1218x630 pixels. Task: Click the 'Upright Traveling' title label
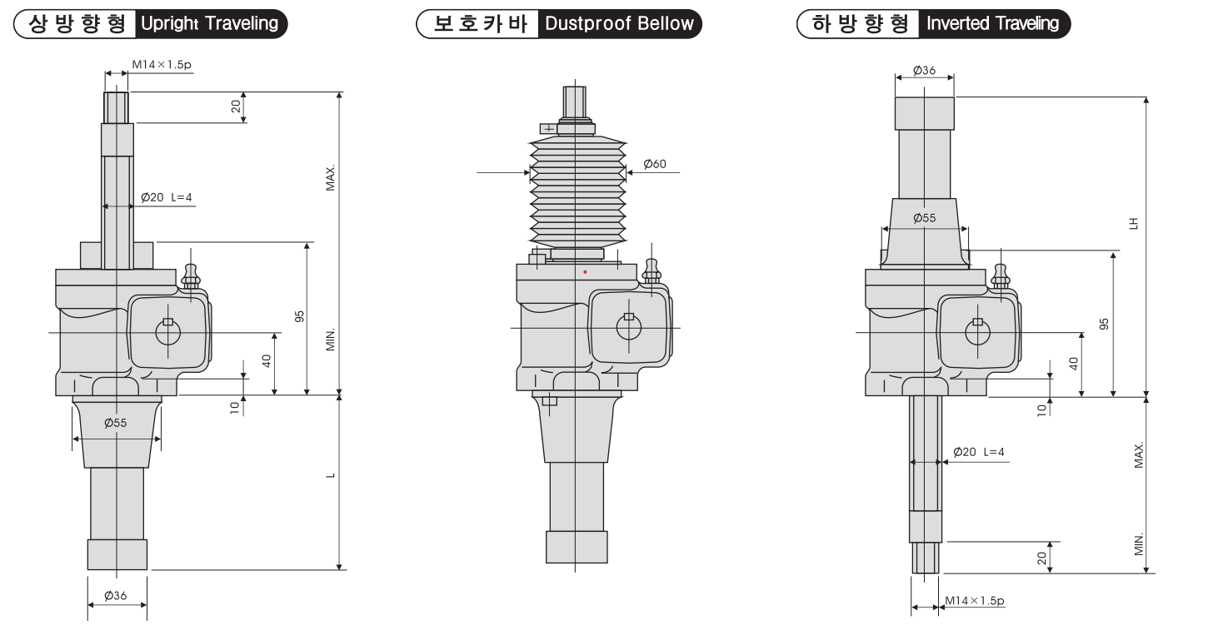click(209, 23)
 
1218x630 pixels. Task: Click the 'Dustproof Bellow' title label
click(618, 23)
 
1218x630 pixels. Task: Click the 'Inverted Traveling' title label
click(992, 23)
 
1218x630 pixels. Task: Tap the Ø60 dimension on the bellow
click(654, 165)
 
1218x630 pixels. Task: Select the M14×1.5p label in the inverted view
click(974, 600)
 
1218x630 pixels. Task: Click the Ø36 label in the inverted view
click(923, 71)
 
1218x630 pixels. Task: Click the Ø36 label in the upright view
click(116, 596)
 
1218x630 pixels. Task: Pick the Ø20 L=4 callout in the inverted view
click(978, 452)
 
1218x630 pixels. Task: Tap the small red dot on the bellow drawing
click(585, 271)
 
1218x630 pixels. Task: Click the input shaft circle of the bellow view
click(629, 327)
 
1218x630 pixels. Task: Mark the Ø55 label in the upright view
click(116, 423)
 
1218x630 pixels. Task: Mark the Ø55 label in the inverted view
click(924, 218)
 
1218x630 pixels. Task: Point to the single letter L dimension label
click(331, 476)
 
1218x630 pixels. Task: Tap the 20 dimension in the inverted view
click(1041, 558)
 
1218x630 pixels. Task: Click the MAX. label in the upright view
click(331, 178)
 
